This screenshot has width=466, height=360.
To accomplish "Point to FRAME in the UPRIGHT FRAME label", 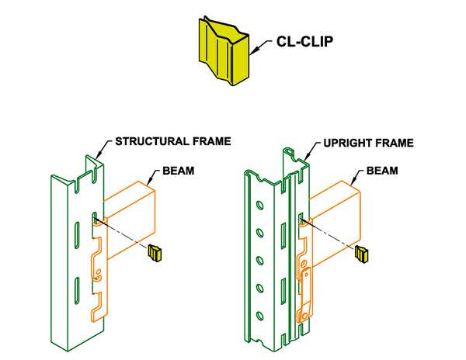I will pos(392,144).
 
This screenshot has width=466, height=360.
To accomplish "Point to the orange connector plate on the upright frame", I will pos(307,291).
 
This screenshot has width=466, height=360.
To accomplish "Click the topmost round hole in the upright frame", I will pos(259,206).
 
